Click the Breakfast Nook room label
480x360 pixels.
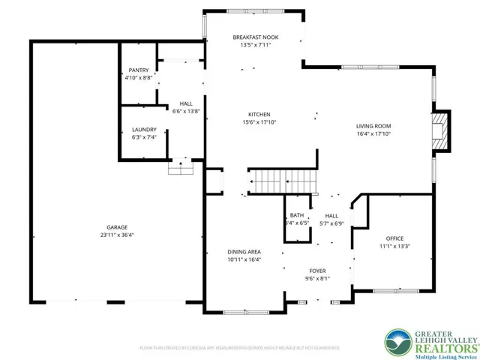(x=251, y=37)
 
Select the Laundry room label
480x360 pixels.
(x=144, y=129)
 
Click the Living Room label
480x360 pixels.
(x=373, y=126)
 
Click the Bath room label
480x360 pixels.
(x=297, y=215)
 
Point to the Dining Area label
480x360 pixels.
(x=244, y=252)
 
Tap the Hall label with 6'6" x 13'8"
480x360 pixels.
(x=186, y=104)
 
